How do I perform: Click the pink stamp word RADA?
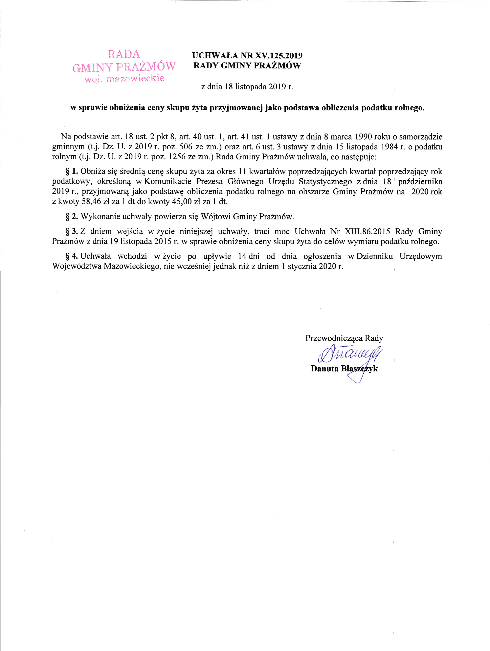point(124,54)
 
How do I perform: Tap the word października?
point(420,182)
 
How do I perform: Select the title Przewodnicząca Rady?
point(344,338)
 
